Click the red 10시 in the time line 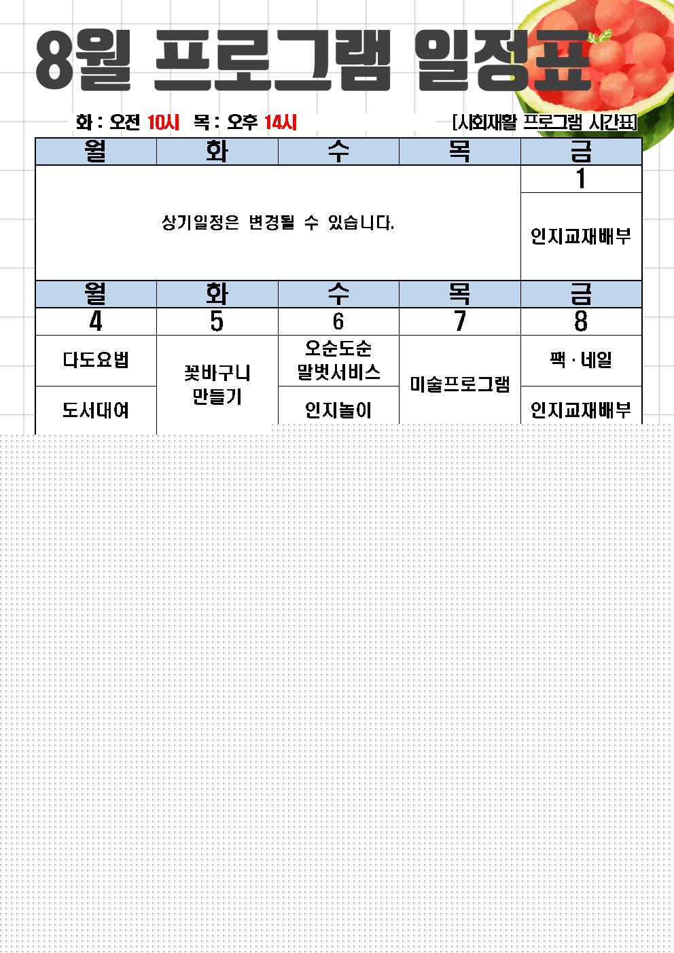point(163,122)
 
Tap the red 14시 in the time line point(281,122)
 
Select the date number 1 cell point(581,179)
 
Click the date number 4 point(96,321)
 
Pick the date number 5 point(217,321)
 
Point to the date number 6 point(338,321)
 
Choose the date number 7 point(459,321)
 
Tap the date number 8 point(581,321)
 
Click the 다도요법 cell point(96,361)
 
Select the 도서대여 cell point(96,410)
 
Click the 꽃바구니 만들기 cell point(217,384)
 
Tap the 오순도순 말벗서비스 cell point(338,361)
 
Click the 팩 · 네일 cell point(581,361)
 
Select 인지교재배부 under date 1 point(581,236)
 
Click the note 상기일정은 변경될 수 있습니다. point(278,223)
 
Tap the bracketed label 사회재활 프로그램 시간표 point(545,122)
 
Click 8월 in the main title point(83,60)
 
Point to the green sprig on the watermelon point(599,37)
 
